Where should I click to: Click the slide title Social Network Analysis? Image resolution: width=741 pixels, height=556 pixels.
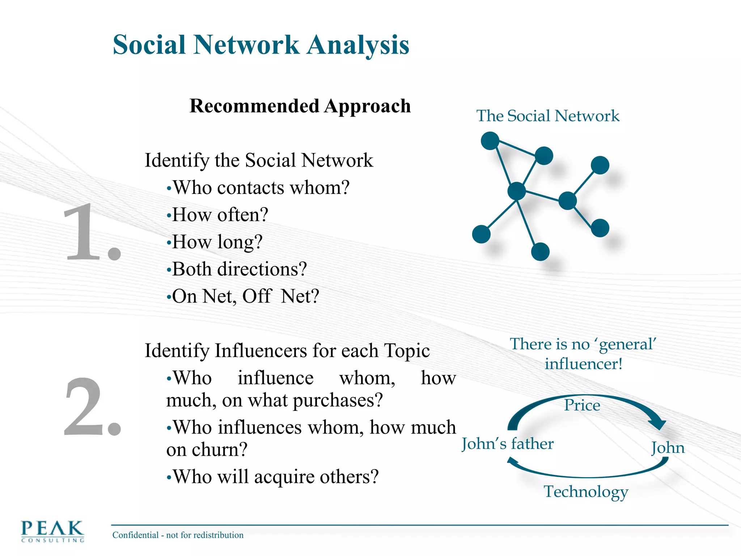[x=261, y=45]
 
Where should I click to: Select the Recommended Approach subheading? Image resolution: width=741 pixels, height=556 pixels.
[x=300, y=106]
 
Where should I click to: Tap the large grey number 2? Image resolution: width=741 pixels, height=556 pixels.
[x=91, y=407]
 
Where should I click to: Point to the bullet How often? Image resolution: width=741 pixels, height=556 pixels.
[x=217, y=215]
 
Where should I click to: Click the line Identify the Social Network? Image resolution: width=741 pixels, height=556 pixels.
[x=259, y=160]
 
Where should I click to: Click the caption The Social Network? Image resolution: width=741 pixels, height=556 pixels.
[x=548, y=116]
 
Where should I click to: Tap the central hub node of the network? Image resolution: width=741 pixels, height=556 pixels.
[x=516, y=191]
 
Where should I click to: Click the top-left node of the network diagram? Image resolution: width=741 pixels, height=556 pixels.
[x=490, y=141]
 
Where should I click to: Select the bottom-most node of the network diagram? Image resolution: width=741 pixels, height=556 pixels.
[x=540, y=252]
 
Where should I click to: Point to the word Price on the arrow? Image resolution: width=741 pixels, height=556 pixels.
[x=582, y=405]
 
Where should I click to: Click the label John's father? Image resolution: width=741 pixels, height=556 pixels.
[x=508, y=444]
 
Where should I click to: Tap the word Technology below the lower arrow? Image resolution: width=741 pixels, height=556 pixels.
[x=586, y=492]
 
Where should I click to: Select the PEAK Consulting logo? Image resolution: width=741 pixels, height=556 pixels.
[x=52, y=531]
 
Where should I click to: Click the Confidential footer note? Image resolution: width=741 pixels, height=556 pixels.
[x=178, y=535]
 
